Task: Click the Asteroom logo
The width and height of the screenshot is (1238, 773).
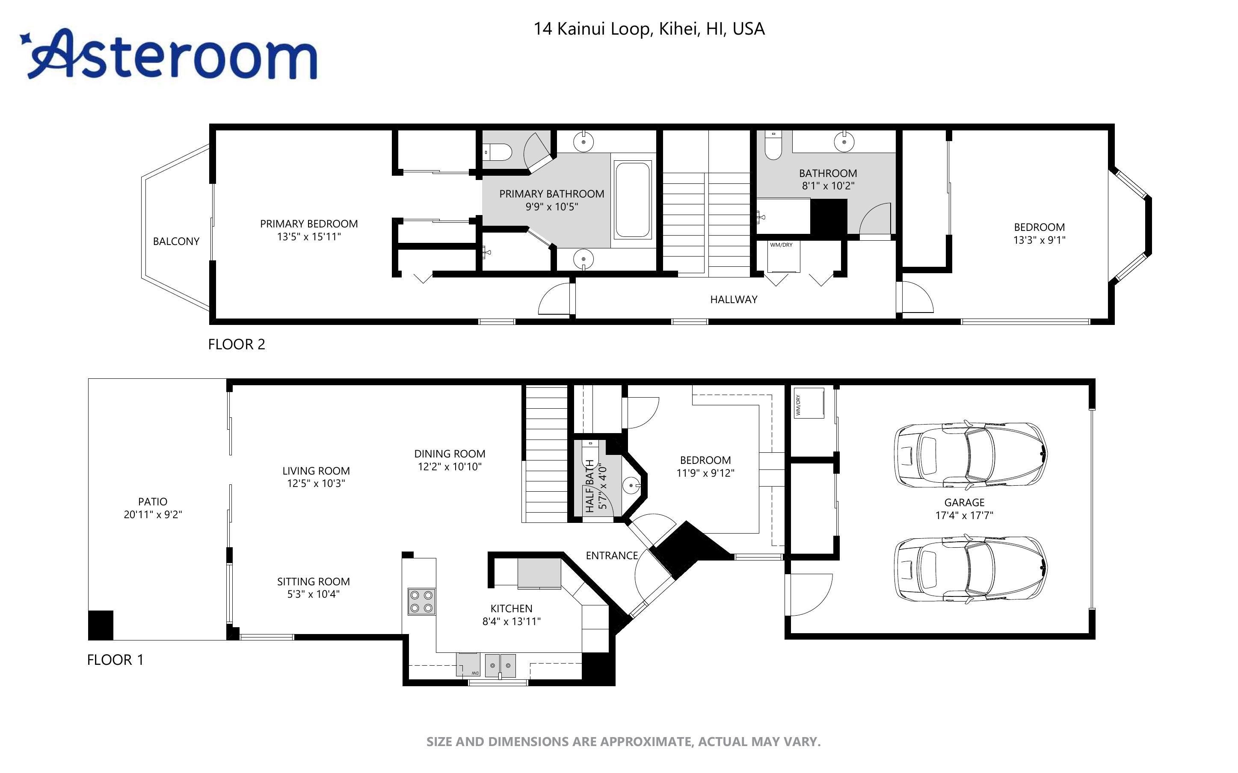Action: pos(169,54)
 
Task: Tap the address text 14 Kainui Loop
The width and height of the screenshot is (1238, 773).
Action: pos(592,29)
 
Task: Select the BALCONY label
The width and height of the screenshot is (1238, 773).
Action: pos(176,241)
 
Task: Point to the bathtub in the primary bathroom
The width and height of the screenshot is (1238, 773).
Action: pos(633,199)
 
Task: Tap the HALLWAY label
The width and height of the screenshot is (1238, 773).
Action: pos(733,300)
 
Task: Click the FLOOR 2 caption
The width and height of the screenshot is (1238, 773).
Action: pos(236,345)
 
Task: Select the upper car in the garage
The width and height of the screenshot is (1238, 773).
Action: pos(970,454)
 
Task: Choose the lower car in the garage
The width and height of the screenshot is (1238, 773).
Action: pos(970,569)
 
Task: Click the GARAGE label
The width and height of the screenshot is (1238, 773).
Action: pos(964,502)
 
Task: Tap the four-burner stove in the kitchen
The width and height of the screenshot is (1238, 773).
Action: pos(421,601)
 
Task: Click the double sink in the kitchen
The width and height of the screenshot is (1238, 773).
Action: pos(500,665)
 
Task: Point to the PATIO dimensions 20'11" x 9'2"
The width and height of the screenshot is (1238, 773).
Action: pos(153,514)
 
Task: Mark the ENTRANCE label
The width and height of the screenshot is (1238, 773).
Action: pos(612,556)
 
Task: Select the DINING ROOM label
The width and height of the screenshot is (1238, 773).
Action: pos(450,454)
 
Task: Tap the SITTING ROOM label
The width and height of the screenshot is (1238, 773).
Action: pos(314,582)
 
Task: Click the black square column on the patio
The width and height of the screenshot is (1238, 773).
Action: pos(101,625)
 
